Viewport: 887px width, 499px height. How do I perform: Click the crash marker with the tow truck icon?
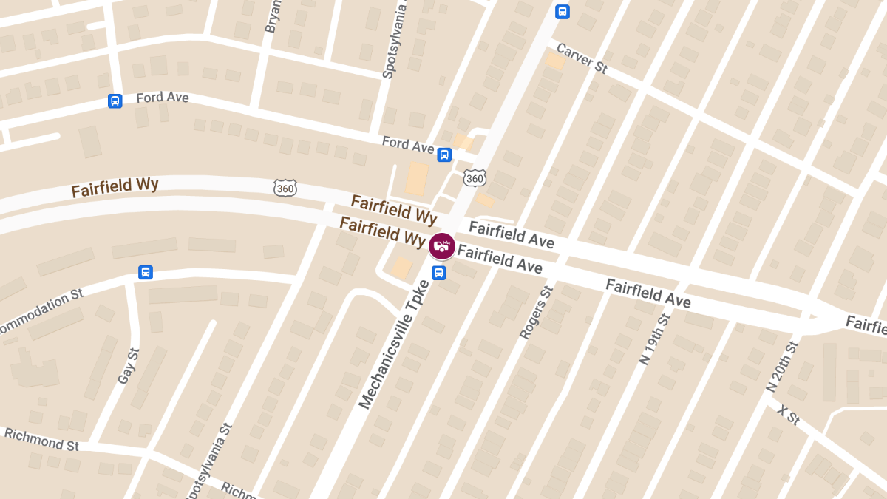[442, 245]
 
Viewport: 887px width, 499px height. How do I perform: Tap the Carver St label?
[581, 58]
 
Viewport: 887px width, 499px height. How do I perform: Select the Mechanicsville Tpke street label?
[394, 344]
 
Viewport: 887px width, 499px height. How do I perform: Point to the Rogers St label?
[536, 312]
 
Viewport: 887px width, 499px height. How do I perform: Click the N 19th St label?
[656, 338]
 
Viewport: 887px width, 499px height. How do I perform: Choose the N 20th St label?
[782, 367]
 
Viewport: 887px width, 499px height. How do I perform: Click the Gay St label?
[128, 367]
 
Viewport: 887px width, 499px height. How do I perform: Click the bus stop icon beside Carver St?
[563, 11]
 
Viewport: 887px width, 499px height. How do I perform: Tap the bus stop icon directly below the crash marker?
[439, 273]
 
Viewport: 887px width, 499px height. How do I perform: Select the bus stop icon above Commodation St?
[146, 272]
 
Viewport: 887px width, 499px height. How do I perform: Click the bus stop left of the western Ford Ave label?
[115, 101]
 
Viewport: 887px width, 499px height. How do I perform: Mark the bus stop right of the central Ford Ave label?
[444, 155]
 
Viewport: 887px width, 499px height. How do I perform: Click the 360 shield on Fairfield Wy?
[285, 188]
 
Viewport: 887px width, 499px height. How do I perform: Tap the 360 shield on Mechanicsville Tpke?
[475, 178]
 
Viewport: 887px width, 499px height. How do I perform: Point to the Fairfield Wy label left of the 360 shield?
[115, 187]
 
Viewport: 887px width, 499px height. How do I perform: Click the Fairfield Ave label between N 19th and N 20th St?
[648, 293]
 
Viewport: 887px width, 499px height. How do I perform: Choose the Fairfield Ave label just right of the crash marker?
[500, 259]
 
